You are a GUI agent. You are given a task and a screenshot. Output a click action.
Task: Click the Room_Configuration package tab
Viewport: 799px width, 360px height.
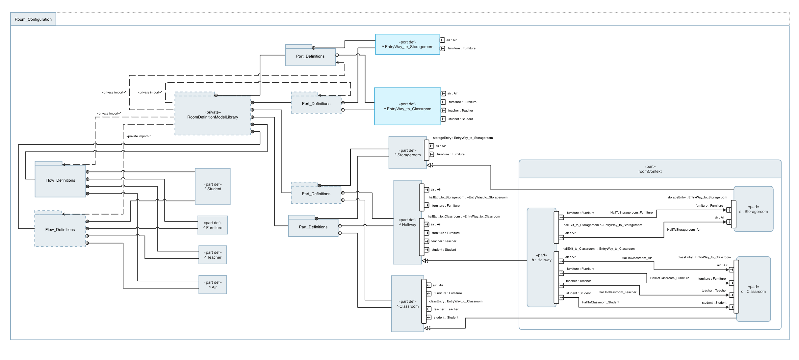point(33,19)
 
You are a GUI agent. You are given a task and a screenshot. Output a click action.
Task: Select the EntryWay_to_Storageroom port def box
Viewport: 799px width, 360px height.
point(407,44)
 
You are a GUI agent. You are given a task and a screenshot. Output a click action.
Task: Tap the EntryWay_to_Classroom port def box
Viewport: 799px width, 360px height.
point(407,106)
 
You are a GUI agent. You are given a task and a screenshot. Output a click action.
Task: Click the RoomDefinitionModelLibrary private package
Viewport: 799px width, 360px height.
point(213,115)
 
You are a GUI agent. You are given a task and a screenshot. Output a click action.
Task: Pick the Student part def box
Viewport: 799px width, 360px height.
point(213,187)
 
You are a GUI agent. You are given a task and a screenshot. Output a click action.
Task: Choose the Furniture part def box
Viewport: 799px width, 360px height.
point(213,225)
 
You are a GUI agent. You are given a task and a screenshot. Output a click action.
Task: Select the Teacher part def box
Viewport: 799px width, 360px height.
point(213,255)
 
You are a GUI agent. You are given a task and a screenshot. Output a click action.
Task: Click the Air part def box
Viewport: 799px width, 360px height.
point(213,285)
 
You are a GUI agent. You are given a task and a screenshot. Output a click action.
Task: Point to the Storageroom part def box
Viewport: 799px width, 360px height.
point(407,153)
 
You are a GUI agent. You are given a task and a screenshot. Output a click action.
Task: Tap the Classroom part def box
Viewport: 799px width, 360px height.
point(407,304)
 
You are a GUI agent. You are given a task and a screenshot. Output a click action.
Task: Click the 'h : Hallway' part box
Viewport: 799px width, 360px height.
point(541,258)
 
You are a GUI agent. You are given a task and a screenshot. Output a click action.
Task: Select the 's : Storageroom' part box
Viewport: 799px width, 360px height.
point(753,209)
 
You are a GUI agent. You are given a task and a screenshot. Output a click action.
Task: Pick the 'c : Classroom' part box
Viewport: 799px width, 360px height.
point(753,289)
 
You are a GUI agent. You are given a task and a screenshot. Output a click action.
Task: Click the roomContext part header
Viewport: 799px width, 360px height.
point(650,169)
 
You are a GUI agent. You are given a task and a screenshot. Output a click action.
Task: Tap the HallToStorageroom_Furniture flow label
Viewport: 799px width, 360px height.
point(631,213)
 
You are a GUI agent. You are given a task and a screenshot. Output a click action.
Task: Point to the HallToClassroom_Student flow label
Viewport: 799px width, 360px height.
point(600,302)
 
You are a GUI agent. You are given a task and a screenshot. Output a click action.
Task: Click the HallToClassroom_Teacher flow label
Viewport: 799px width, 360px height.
point(617,292)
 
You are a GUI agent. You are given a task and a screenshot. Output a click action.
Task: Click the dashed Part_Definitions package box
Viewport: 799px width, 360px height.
point(316,194)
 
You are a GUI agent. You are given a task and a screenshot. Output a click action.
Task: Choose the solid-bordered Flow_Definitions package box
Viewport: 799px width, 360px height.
point(60,180)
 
